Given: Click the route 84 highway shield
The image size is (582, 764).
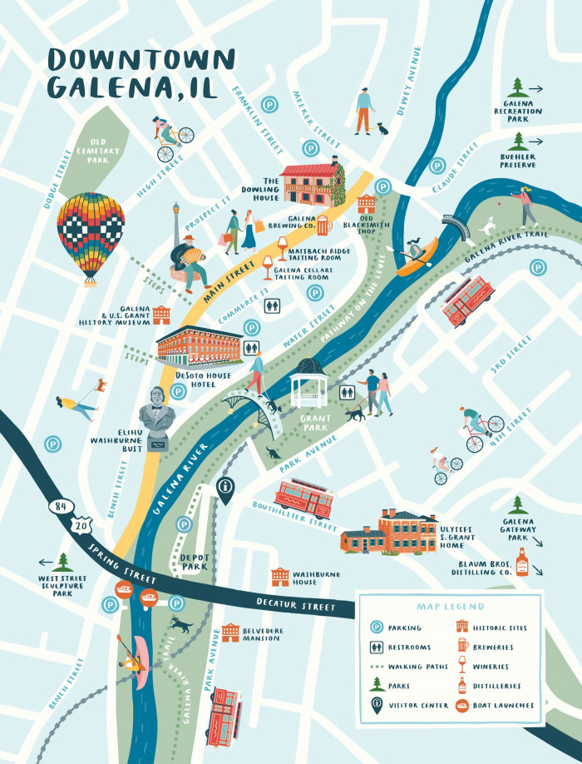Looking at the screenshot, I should (x=58, y=506).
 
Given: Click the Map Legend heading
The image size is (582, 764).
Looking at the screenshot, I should (x=449, y=607).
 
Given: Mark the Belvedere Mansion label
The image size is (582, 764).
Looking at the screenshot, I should (x=262, y=635).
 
